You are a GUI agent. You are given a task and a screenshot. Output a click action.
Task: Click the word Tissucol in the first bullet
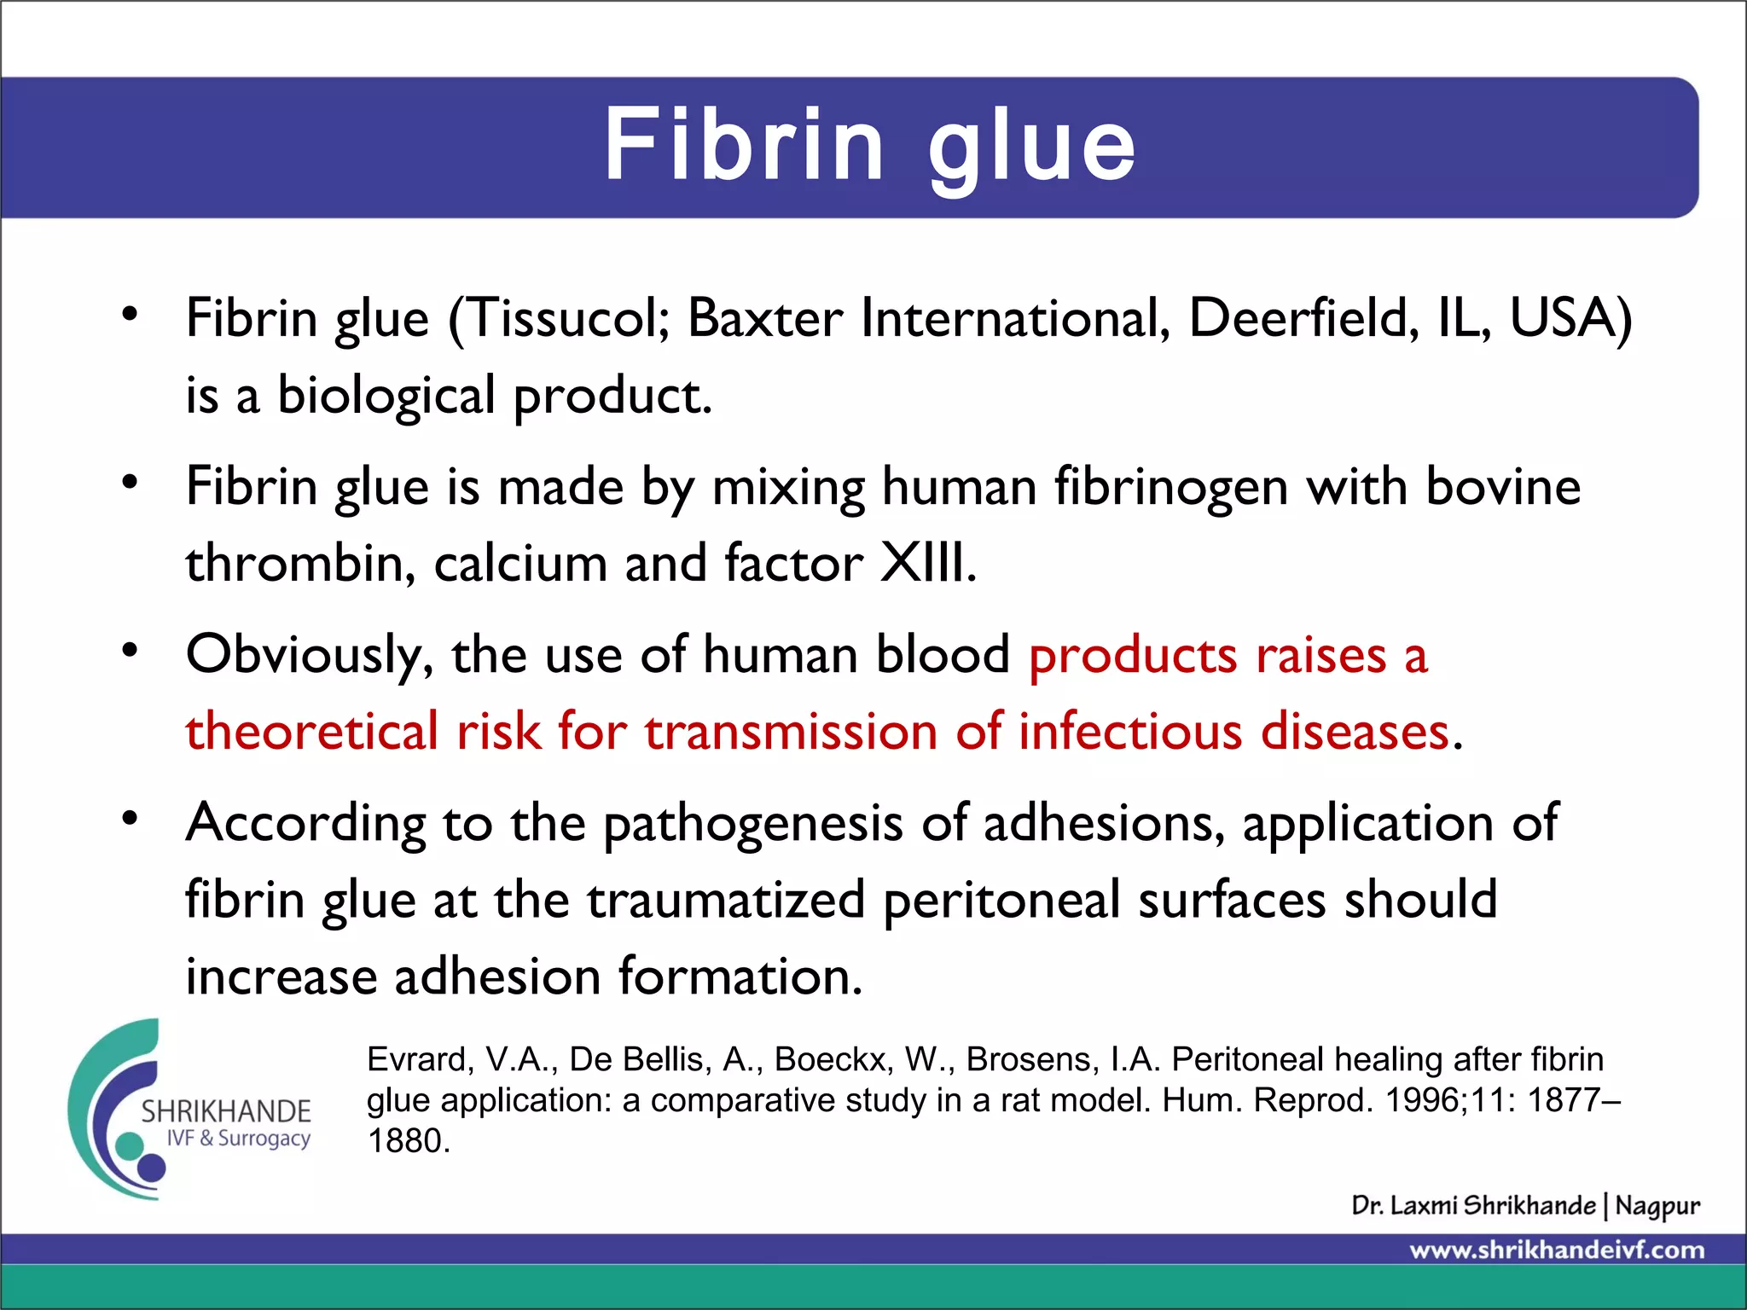565,319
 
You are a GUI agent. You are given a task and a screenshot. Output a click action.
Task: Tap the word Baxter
765,319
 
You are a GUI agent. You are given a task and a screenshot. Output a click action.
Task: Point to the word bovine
1503,487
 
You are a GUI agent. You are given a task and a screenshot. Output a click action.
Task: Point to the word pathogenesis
753,825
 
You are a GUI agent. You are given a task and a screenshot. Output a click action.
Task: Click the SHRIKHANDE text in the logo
226,1111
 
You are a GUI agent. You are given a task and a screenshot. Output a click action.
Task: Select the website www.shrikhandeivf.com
1557,1250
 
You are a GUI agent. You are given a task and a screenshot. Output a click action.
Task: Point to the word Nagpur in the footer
1657,1206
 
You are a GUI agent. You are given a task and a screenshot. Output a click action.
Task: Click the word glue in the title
1032,146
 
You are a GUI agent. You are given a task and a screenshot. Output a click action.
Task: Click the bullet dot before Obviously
130,652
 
